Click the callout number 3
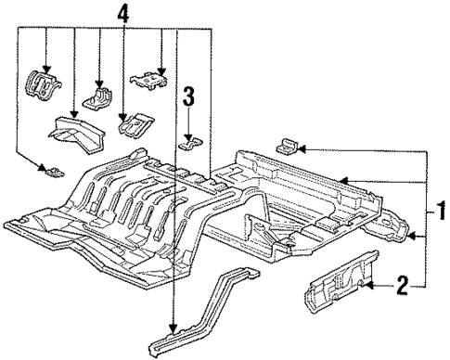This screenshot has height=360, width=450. coord(189,96)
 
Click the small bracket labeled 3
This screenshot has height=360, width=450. coord(192,142)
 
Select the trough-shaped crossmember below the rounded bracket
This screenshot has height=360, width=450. coord(79,130)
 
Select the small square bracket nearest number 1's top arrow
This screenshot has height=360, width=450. coord(287,144)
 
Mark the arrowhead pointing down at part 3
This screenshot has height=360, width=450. coord(190,131)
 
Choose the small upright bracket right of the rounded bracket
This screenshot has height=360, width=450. coord(99,97)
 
